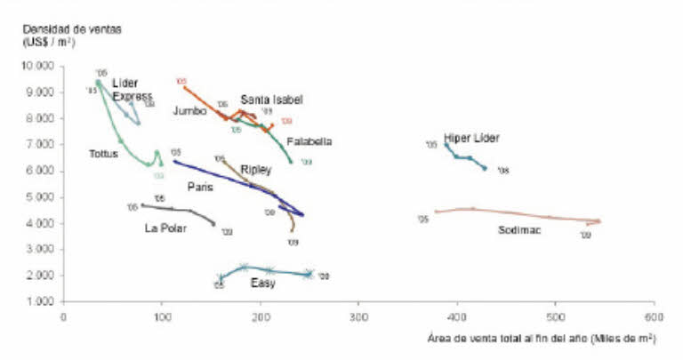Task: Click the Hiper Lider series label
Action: (x=471, y=138)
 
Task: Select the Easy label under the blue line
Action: (x=262, y=284)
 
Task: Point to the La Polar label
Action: (x=165, y=228)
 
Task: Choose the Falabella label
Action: (x=309, y=141)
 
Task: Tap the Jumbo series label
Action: (x=190, y=111)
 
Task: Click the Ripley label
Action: (x=256, y=169)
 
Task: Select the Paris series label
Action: (x=200, y=187)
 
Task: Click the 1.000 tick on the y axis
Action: (x=43, y=302)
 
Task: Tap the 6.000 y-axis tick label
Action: (x=43, y=171)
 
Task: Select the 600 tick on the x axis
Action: (x=654, y=316)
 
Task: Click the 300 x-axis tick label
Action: (x=358, y=316)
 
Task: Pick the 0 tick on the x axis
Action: (x=63, y=316)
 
